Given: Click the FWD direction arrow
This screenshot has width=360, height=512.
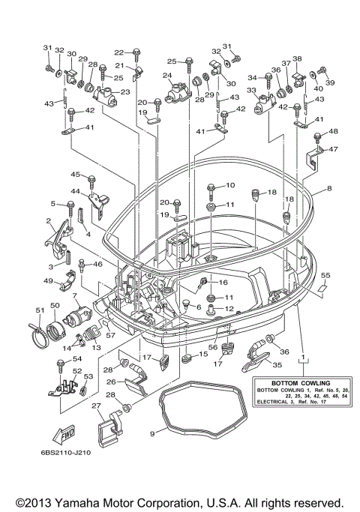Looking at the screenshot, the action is point(63,435).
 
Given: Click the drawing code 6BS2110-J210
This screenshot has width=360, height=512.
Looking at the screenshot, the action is point(66,453).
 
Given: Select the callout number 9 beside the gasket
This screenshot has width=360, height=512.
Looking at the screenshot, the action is point(152,434).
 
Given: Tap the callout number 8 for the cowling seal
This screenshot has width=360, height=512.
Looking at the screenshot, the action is point(329,188).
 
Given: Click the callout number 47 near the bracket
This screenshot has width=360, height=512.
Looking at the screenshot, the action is point(333,149).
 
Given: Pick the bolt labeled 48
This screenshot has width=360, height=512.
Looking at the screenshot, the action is point(317,136).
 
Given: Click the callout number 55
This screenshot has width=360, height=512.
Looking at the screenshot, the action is point(325,275).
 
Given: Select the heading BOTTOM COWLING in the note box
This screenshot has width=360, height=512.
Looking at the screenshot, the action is point(301,383).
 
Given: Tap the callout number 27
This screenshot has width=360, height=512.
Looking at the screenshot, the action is point(96,406).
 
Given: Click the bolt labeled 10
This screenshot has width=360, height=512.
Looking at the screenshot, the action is point(211,192).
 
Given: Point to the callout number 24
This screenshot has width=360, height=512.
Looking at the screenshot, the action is point(167,76).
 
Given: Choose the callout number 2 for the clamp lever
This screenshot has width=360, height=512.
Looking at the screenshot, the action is point(48,221).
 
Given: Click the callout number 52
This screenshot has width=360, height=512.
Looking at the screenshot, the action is point(77,371).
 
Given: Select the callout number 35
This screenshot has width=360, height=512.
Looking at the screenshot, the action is point(277,365).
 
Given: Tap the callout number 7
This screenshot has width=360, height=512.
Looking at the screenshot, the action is point(75,295).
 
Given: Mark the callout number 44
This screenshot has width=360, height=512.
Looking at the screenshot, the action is point(76,191).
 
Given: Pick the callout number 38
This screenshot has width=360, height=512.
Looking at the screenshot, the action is point(297,58).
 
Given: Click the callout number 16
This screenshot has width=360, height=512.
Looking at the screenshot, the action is point(223,282).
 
